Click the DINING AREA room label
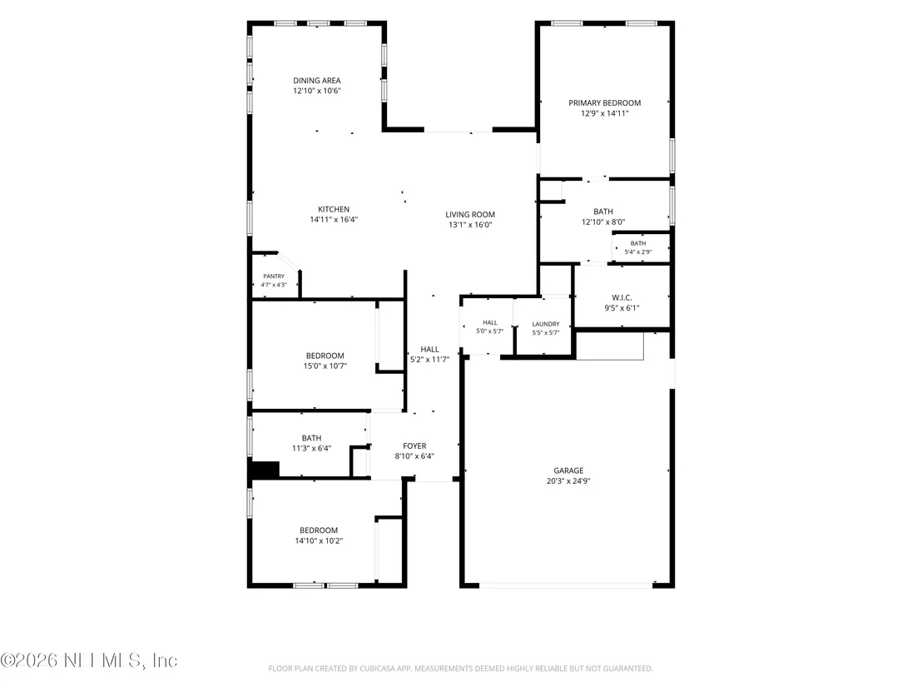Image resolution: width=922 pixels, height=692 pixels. point(317,81)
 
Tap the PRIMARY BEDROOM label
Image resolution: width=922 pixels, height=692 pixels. point(604,103)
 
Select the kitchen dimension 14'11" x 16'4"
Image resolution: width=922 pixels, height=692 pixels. point(334,220)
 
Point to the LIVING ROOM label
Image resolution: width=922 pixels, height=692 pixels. point(470,215)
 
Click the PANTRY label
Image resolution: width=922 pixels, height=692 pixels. point(274,276)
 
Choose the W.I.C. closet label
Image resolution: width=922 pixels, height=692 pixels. point(622,298)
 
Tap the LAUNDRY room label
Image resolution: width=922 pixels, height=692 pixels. point(546,324)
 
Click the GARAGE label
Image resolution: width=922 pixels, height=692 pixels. point(568,470)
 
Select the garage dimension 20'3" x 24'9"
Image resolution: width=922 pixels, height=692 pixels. point(568,480)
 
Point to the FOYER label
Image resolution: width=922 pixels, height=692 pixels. point(414,446)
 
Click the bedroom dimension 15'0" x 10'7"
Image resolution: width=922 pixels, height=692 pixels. point(325,366)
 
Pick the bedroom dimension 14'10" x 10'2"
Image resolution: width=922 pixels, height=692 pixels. point(319,540)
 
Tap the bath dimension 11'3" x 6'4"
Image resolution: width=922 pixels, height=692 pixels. point(312,448)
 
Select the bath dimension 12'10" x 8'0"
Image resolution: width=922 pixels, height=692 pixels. point(603,222)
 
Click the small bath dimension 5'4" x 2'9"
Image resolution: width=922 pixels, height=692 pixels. point(638,251)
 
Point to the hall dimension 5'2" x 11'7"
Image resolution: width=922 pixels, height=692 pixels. point(430,360)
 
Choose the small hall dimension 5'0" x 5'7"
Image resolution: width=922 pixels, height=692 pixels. point(490,331)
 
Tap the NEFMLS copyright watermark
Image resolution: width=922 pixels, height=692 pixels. point(89,660)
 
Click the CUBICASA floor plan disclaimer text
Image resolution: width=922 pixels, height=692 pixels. point(460,669)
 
